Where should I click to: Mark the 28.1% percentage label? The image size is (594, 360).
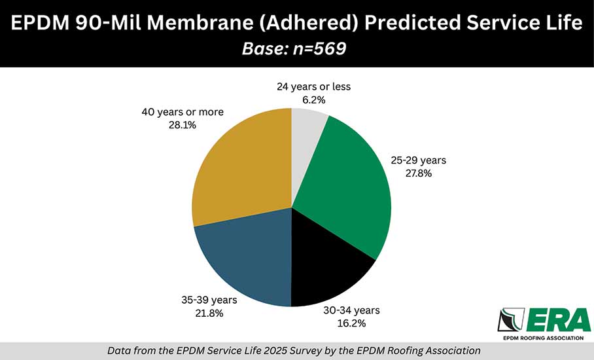click(x=183, y=124)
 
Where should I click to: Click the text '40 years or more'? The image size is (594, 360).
click(x=183, y=112)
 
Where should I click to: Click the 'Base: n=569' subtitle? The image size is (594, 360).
click(x=296, y=49)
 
